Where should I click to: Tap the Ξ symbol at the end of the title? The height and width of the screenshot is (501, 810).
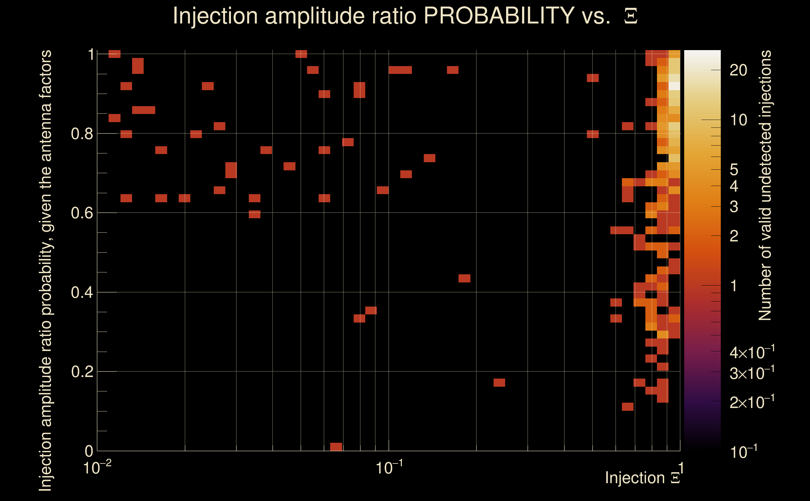(631, 16)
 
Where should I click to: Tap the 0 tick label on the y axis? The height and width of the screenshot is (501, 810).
(89, 451)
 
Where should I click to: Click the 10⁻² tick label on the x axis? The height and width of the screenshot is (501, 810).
(97, 468)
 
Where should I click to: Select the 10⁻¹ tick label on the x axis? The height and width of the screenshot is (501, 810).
(389, 468)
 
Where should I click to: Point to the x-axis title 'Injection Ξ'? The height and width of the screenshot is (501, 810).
(643, 478)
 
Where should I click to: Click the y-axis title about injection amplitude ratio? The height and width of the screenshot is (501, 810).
(46, 270)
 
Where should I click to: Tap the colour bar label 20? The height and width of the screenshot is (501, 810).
(738, 70)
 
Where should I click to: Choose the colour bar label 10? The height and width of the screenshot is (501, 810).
(738, 120)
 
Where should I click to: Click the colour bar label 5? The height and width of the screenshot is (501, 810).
(734, 170)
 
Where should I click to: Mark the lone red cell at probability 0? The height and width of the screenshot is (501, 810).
(336, 447)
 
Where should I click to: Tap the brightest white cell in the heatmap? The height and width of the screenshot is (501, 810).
(674, 86)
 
